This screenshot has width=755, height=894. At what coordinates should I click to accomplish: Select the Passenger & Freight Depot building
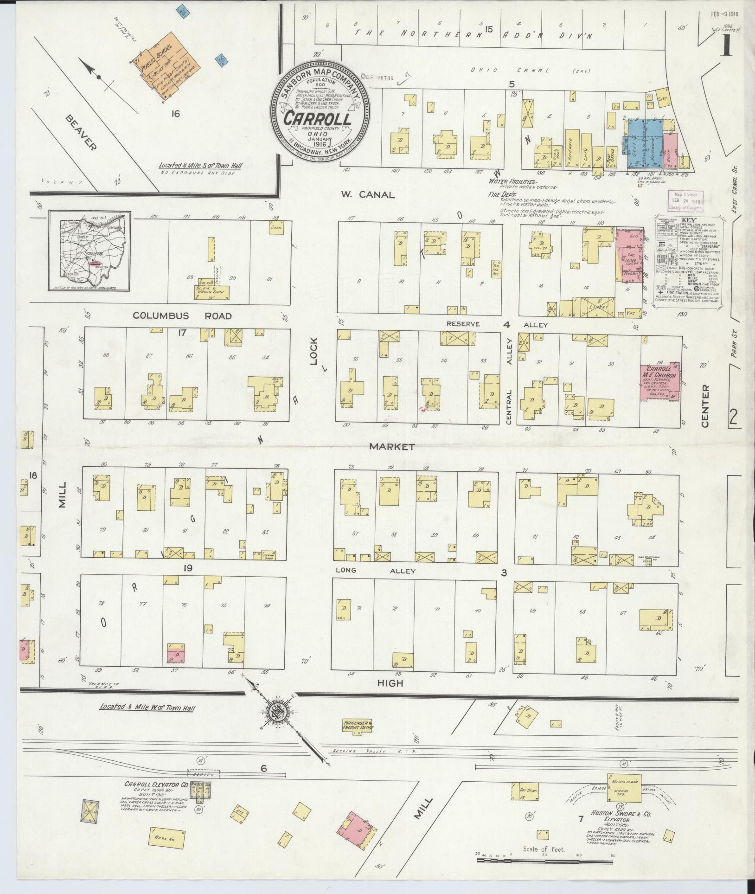[x=357, y=725]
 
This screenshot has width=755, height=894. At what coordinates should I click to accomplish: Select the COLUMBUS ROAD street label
[x=182, y=315]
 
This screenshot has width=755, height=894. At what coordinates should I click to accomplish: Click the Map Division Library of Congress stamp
[x=685, y=199]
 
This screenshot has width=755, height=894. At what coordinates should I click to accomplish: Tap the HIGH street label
[x=390, y=683]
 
